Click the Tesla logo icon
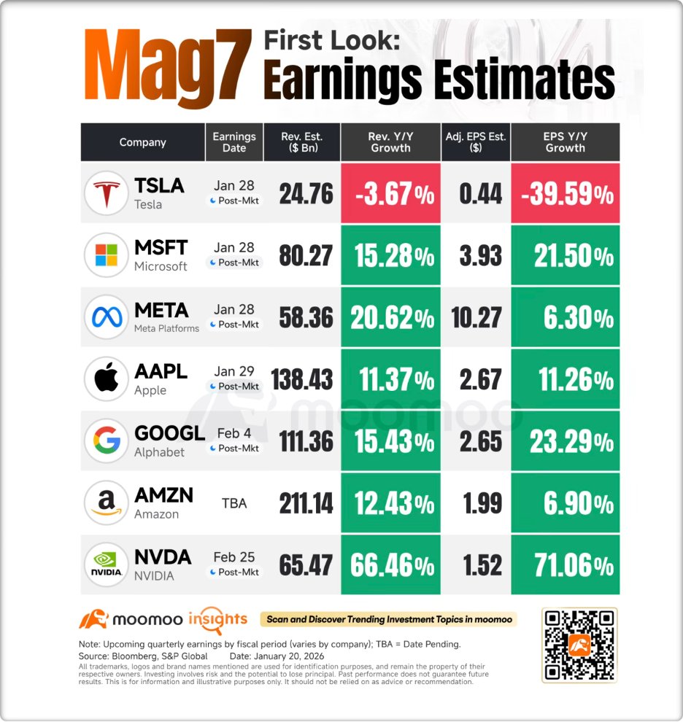click(x=107, y=193)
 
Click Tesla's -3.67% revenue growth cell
click(x=390, y=194)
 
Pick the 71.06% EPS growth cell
click(x=566, y=565)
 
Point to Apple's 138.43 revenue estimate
click(x=302, y=379)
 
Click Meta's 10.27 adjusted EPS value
click(x=476, y=317)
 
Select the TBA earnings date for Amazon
click(x=235, y=503)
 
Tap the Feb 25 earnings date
click(x=234, y=557)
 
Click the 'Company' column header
click(x=143, y=142)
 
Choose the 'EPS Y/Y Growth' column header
click(x=566, y=142)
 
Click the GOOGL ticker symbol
click(x=169, y=433)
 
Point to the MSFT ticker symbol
click(x=161, y=247)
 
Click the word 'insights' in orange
click(x=217, y=619)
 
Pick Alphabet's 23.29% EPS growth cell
click(x=566, y=441)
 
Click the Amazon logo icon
click(x=107, y=503)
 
